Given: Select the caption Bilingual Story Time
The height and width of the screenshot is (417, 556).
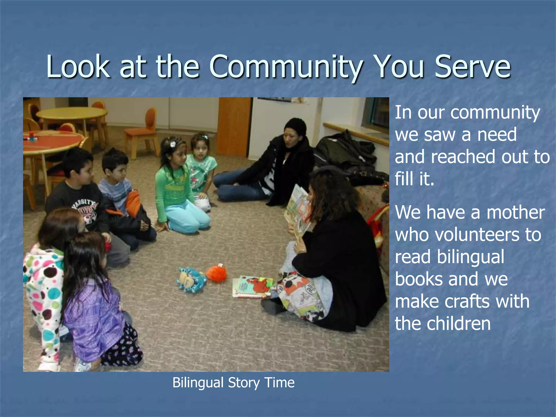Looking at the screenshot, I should (x=233, y=383).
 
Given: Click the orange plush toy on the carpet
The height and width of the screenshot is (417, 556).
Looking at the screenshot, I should (x=216, y=273).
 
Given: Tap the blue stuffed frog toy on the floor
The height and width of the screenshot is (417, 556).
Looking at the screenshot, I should (x=191, y=279).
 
